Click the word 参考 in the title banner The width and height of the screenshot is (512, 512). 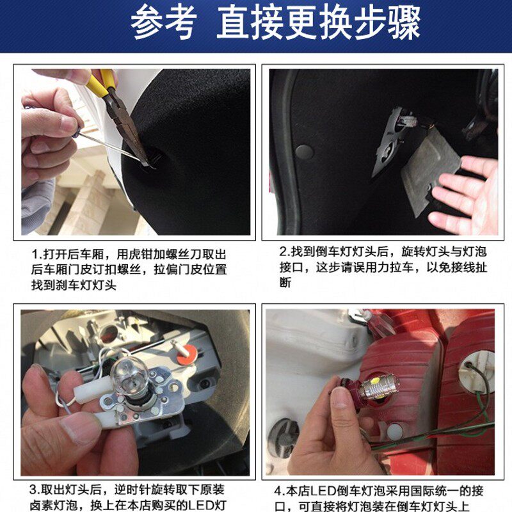click(x=163, y=22)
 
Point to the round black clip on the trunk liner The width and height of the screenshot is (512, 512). click(x=304, y=152)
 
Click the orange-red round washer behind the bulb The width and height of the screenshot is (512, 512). click(x=187, y=355)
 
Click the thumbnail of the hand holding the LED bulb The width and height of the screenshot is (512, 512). click(x=341, y=397)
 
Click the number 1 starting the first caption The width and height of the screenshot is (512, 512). click(x=35, y=254)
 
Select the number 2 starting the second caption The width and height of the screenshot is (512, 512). click(x=283, y=252)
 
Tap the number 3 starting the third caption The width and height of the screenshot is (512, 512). click(x=33, y=490)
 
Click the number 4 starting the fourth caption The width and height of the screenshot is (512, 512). click(x=278, y=491)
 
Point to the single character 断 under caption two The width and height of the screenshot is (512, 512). click(x=285, y=282)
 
